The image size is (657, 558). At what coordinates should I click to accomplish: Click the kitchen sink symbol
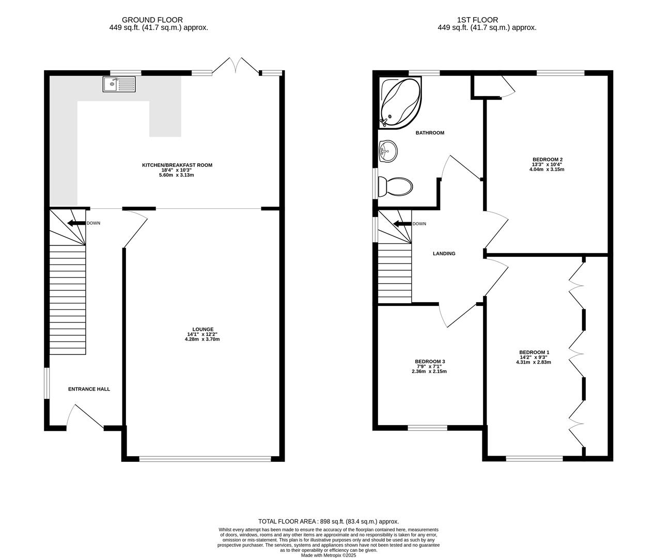[x=119, y=84]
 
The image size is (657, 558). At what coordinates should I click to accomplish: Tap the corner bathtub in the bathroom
[x=399, y=102]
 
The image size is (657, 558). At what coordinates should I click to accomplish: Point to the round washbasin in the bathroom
[x=387, y=151]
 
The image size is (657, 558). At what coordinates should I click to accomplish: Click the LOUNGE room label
[x=203, y=329]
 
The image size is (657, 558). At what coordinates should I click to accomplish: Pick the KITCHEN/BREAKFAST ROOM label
[x=177, y=165]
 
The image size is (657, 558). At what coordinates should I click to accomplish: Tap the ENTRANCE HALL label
[x=89, y=389]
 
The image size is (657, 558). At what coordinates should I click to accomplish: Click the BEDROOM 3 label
[x=430, y=361]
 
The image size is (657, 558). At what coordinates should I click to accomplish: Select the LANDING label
[x=444, y=254]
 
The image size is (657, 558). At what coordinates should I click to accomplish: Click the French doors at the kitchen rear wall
[x=236, y=66]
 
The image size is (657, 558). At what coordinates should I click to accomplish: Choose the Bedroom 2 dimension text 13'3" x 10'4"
[x=547, y=164]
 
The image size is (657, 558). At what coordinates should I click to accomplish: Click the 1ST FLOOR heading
[x=477, y=20]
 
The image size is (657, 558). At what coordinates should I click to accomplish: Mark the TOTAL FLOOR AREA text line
[x=328, y=522]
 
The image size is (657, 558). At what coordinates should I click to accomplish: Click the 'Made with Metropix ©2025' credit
[x=328, y=555]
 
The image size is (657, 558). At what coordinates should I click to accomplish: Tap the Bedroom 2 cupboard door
[x=507, y=88]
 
